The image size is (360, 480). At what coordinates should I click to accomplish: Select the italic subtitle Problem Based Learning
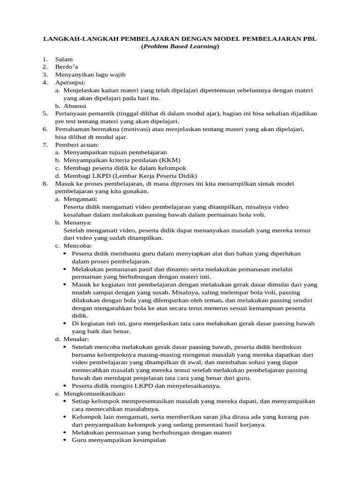pyautogui.click(x=180, y=47)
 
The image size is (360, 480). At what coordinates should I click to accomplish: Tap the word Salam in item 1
pyautogui.click(x=64, y=60)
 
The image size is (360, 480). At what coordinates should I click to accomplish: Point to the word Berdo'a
pyautogui.click(x=67, y=67)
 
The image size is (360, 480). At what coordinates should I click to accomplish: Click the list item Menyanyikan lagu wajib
pyautogui.click(x=90, y=75)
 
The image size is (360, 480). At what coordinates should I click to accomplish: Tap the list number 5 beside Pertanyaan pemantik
pyautogui.click(x=45, y=113)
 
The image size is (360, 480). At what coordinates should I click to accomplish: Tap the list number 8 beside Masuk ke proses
pyautogui.click(x=45, y=183)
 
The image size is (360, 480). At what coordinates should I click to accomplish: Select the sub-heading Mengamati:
pyautogui.click(x=81, y=199)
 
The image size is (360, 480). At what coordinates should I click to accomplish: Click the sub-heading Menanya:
pyautogui.click(x=78, y=222)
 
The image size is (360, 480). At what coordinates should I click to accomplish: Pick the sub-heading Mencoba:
pyautogui.click(x=78, y=245)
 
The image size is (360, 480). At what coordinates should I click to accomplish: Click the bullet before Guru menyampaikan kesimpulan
pyautogui.click(x=65, y=441)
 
